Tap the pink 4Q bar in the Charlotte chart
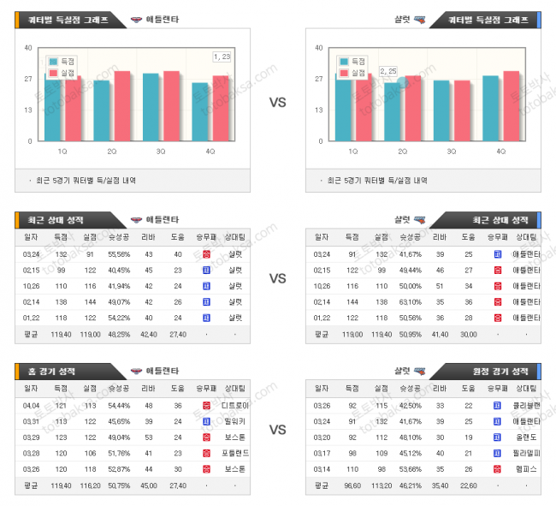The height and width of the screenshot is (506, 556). [x=512, y=106]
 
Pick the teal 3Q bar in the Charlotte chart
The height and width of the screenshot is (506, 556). [x=441, y=110]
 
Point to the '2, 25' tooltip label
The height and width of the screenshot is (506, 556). [x=387, y=71]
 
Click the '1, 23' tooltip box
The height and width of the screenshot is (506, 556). [x=222, y=57]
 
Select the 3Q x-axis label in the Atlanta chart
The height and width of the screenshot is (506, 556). [x=161, y=151]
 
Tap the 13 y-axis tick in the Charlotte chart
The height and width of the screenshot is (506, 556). [x=318, y=110]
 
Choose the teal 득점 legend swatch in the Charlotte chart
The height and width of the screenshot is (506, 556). [x=344, y=62]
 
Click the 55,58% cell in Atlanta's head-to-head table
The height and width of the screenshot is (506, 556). [x=119, y=253]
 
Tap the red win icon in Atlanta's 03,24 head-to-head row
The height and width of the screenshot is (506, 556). [x=205, y=253]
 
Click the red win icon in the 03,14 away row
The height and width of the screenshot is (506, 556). [x=497, y=468]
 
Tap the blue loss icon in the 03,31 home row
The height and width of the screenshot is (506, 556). [x=205, y=420]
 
